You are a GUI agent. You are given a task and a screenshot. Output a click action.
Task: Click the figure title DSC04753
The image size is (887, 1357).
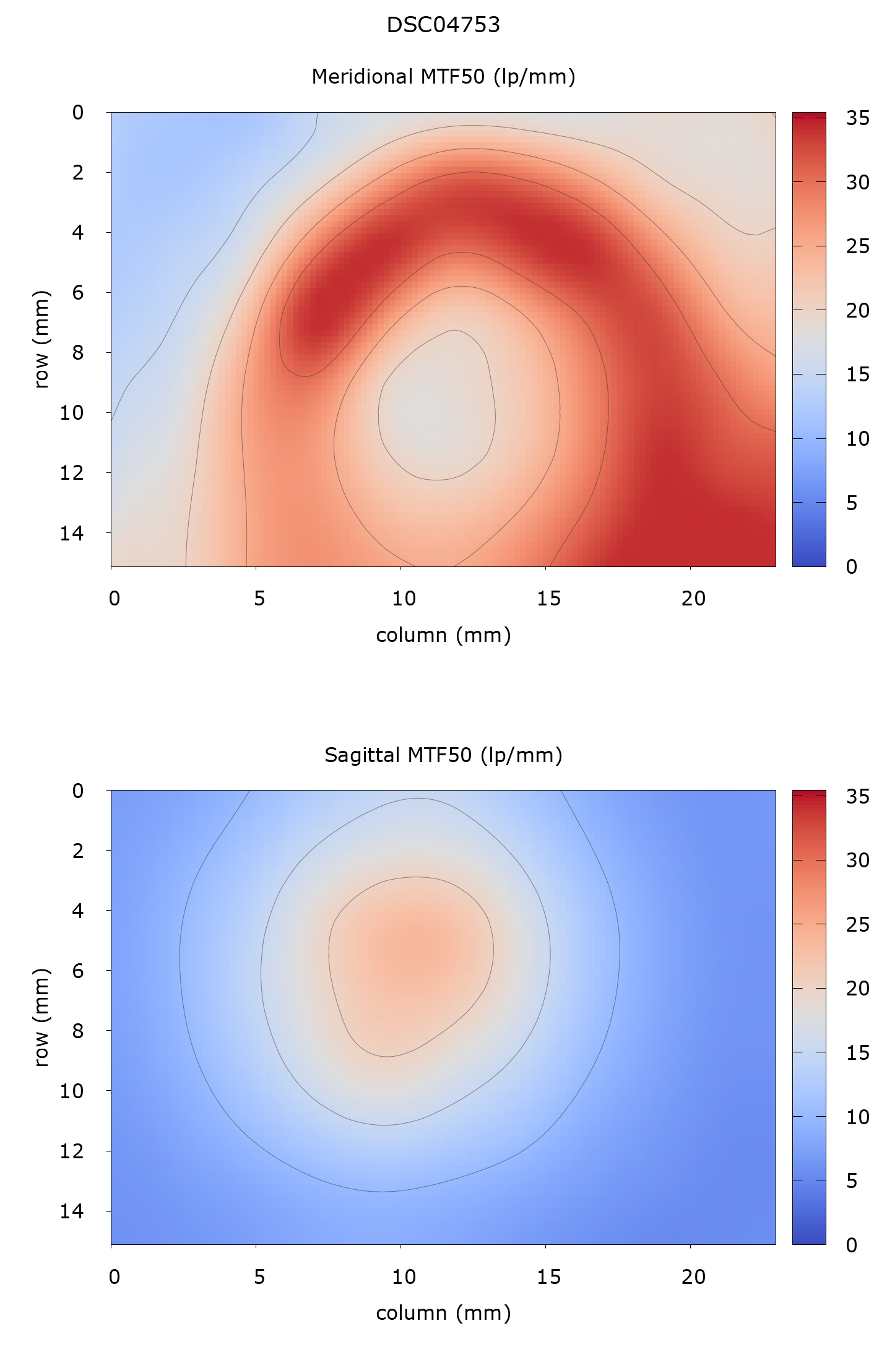tap(443, 25)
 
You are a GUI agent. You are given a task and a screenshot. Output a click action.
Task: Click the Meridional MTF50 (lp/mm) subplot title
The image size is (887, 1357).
tap(443, 77)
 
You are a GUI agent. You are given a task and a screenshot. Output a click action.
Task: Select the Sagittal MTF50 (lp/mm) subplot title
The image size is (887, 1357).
tap(443, 755)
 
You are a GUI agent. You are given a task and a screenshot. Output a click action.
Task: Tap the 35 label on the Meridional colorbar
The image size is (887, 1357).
tap(858, 118)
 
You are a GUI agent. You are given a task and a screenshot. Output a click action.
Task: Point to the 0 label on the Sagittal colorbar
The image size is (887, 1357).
tap(852, 1245)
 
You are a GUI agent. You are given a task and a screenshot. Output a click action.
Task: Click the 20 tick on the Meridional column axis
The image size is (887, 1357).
tap(693, 599)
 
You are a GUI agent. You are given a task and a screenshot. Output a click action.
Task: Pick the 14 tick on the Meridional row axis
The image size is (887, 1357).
tap(72, 533)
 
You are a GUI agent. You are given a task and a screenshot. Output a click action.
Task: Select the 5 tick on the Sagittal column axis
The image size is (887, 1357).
tap(259, 1277)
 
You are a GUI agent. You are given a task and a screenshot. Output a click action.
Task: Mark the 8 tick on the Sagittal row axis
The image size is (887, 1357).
tap(78, 1031)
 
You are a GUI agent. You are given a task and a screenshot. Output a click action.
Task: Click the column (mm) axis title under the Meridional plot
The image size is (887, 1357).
tap(443, 636)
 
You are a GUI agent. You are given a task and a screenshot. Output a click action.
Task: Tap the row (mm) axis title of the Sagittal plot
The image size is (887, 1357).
tap(41, 1017)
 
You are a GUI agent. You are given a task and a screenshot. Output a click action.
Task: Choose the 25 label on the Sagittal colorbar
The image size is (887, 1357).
tap(858, 925)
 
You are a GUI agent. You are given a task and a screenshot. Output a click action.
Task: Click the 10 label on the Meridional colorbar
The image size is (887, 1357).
tap(858, 439)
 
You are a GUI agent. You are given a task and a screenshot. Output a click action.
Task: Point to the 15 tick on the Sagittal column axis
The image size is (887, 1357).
tap(548, 1277)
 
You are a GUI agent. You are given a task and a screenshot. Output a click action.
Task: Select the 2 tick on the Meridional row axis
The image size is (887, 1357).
tap(78, 173)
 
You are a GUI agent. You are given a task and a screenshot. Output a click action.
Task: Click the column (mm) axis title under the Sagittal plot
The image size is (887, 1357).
tap(443, 1314)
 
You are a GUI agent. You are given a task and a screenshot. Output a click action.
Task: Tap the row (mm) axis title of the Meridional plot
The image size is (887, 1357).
tap(41, 339)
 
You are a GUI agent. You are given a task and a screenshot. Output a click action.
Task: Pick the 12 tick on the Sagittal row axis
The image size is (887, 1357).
tap(72, 1151)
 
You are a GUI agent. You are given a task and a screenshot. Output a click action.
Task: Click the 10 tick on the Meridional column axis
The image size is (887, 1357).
tap(404, 599)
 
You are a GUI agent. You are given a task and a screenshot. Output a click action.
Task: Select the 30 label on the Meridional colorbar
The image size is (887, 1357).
tap(858, 183)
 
